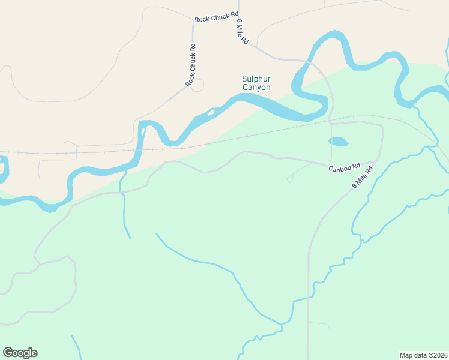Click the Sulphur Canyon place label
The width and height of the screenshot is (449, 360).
point(256,83)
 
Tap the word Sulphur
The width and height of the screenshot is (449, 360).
point(256,79)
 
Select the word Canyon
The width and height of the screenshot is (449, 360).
point(256,88)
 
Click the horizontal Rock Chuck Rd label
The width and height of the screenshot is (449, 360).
point(217,17)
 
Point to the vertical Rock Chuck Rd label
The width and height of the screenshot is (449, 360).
point(191,65)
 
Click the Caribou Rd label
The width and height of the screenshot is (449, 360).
point(344,167)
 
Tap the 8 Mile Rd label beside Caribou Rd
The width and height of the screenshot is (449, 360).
point(362,178)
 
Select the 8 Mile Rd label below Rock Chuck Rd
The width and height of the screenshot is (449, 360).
point(243,31)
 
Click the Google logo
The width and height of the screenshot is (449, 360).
point(20,353)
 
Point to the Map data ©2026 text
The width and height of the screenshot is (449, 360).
point(424,355)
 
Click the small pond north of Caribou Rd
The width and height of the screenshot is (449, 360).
point(338,142)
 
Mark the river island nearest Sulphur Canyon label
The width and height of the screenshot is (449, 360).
point(211,112)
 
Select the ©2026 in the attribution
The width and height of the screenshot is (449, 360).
point(436,355)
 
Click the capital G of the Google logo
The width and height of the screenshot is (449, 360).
point(8,353)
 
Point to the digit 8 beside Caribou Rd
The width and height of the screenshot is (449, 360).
point(354,186)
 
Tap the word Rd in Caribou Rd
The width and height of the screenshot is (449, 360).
point(355,166)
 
